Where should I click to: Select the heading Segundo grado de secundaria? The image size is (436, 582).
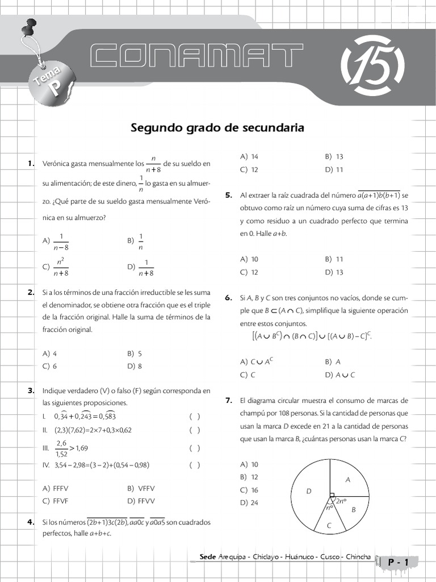217,128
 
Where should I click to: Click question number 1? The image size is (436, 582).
31,164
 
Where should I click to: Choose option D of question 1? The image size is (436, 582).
141,267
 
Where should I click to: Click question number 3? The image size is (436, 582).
31,390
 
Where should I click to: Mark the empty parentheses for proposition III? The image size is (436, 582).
195,448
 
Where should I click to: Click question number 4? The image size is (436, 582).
31,522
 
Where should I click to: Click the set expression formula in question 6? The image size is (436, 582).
312,336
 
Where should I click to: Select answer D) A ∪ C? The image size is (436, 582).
340,375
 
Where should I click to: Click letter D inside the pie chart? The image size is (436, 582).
309,491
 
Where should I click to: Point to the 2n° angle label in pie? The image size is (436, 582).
340,501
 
